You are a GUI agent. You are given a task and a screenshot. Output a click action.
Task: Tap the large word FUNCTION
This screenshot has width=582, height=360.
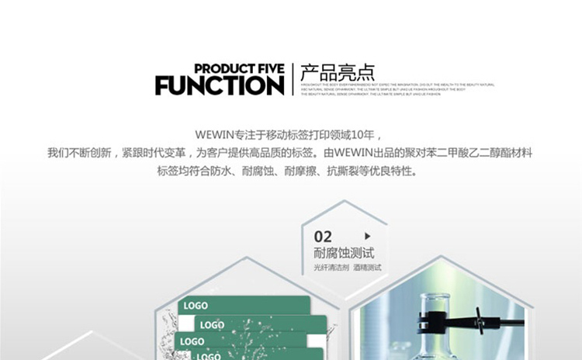(x=220, y=85)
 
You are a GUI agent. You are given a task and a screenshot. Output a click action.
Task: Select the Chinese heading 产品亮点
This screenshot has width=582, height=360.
(x=338, y=72)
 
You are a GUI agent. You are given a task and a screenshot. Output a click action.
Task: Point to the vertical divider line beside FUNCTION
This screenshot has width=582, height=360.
(x=293, y=79)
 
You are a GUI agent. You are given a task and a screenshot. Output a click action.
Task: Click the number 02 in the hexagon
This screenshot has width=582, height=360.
(x=323, y=237)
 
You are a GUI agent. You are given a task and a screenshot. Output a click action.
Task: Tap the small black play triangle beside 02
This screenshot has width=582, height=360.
(x=367, y=236)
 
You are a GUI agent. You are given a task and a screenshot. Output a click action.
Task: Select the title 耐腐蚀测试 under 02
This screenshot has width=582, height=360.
(x=344, y=253)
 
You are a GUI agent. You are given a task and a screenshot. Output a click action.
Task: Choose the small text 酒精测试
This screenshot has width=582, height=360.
(x=368, y=268)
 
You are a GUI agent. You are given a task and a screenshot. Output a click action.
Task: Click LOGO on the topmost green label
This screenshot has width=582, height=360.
(x=196, y=306)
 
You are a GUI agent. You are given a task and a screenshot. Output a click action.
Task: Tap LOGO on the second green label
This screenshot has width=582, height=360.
(x=212, y=325)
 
